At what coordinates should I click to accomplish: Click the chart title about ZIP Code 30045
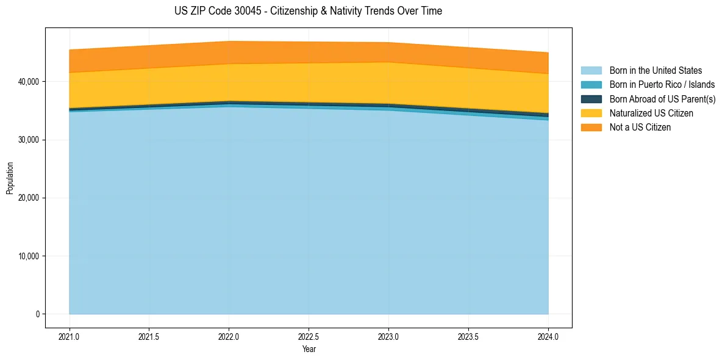point(308,11)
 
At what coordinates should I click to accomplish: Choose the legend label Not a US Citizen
point(640,128)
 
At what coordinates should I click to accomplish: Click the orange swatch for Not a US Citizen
point(591,128)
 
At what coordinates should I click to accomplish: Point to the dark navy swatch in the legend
point(591,99)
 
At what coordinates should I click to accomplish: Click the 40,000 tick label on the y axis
point(29,82)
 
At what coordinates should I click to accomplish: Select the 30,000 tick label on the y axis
point(29,140)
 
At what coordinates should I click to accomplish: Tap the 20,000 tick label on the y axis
point(29,198)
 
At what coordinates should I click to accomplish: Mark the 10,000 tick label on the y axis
point(29,256)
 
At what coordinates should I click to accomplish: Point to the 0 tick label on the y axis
point(37,314)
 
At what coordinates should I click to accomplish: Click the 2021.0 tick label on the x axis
point(69,336)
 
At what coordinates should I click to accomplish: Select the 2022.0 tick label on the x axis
point(229,336)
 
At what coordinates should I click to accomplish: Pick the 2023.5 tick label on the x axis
point(468,336)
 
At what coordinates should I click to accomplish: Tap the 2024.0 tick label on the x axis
point(548,336)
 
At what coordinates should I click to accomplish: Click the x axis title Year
point(309,349)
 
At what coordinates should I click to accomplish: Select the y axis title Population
point(10,178)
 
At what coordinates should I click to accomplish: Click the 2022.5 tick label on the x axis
point(309,336)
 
